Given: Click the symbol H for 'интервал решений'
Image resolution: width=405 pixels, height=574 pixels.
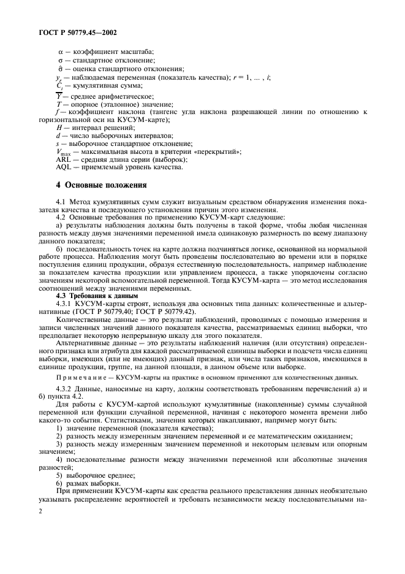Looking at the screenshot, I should [x=58, y=126].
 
